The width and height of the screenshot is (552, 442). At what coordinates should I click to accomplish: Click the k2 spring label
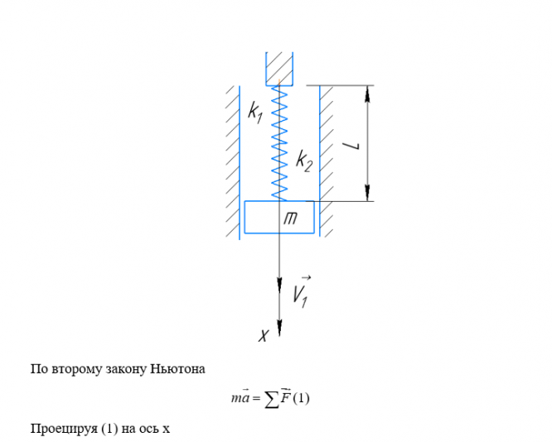click(304, 161)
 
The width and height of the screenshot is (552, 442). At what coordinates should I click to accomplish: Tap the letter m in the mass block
click(291, 218)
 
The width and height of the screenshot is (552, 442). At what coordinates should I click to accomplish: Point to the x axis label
click(264, 335)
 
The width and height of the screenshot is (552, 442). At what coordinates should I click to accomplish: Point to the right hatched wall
click(327, 157)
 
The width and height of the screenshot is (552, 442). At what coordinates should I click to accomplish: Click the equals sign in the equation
click(256, 399)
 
